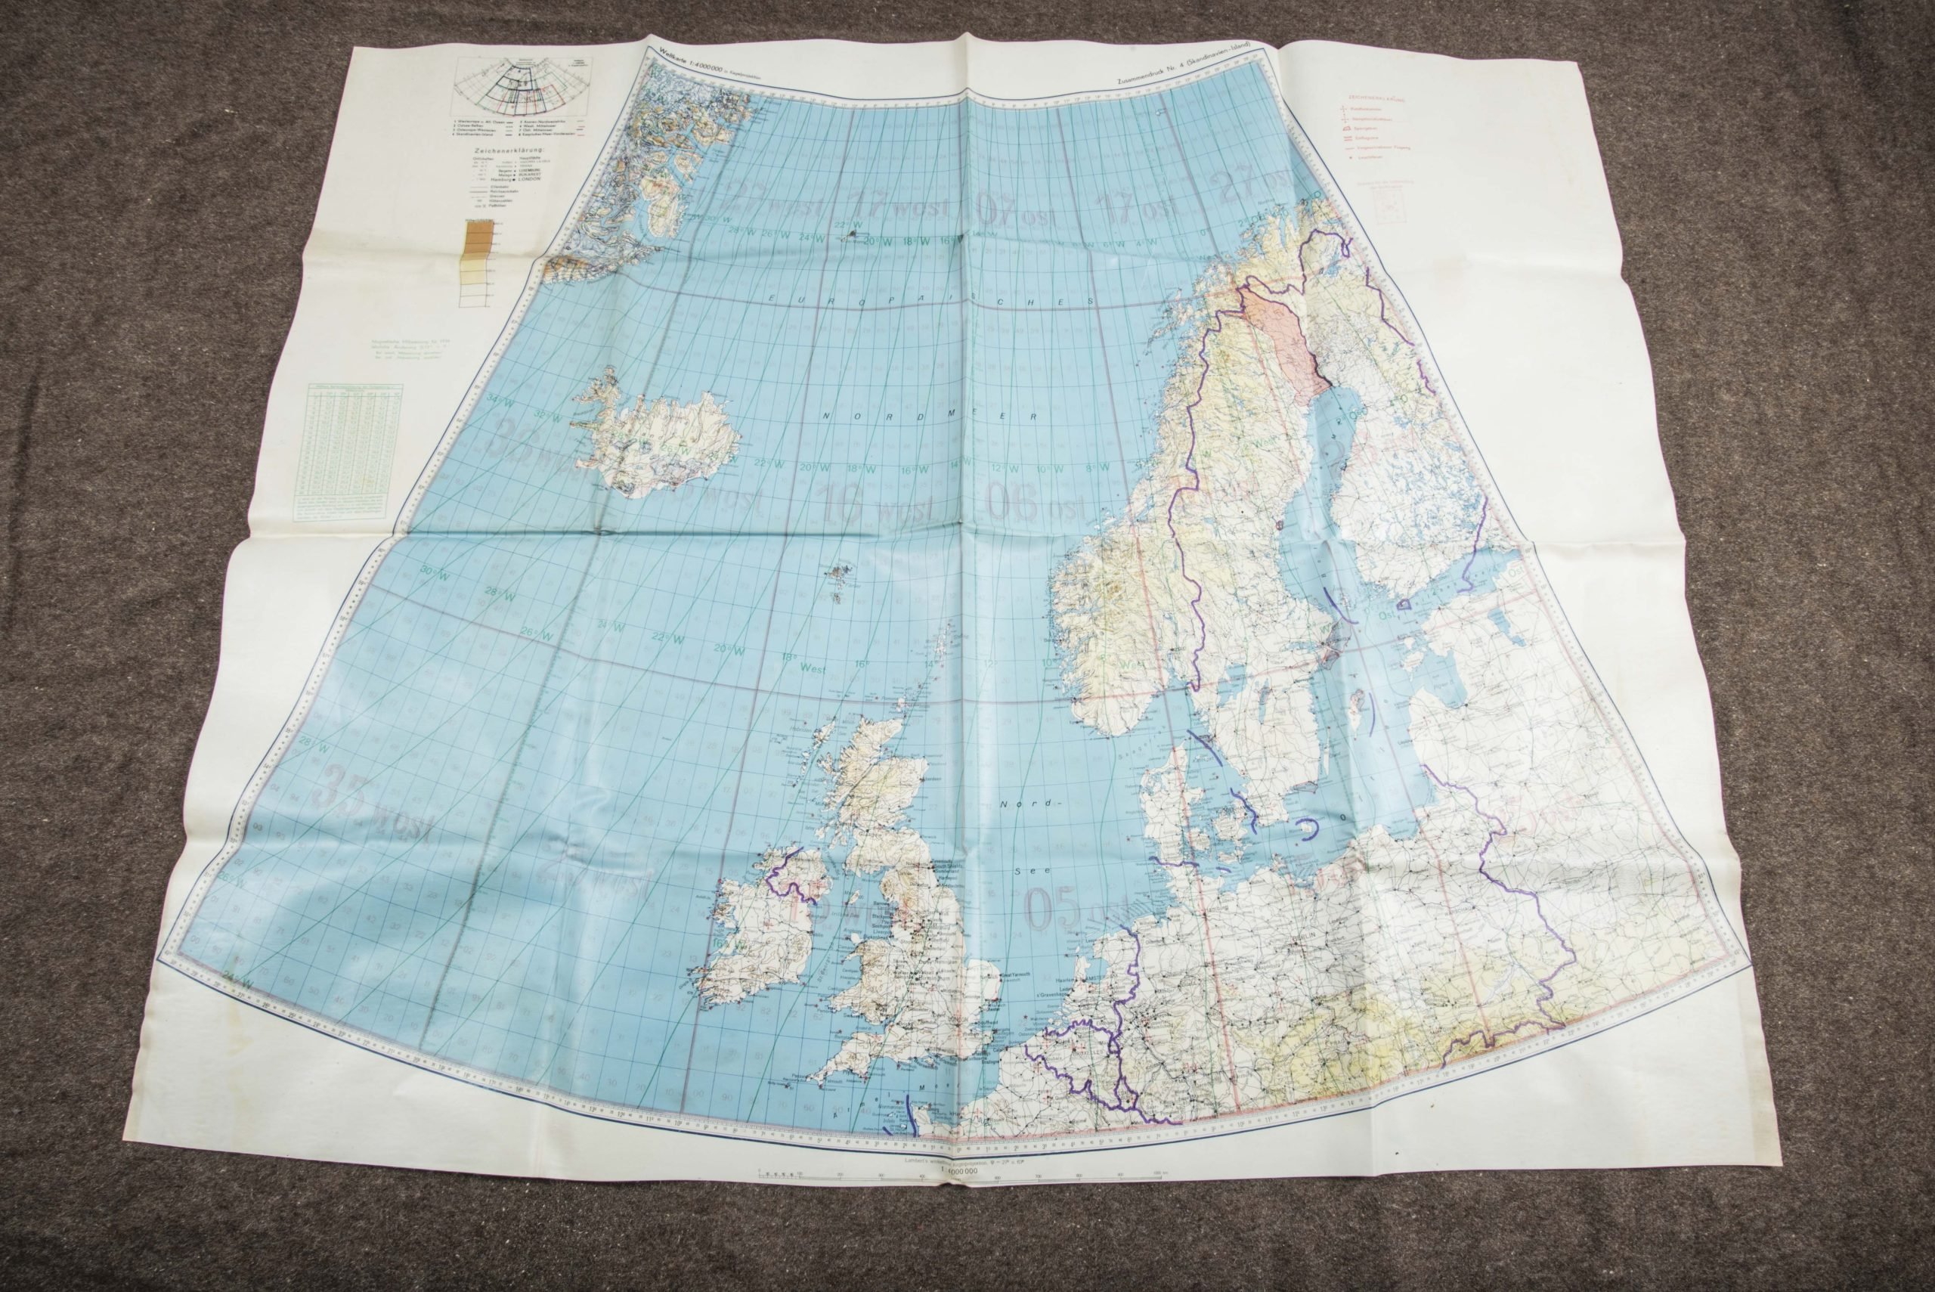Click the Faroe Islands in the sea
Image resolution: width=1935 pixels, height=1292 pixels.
point(841,576)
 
